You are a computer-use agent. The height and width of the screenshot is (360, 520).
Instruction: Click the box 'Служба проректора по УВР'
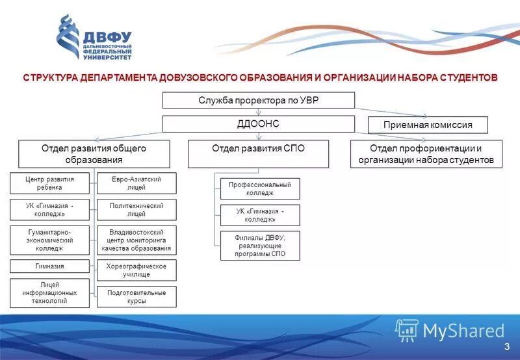coord(258,100)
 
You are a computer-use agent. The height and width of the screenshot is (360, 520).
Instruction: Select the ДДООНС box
coord(258,123)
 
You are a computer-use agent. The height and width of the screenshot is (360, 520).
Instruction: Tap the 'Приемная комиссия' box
coord(428,125)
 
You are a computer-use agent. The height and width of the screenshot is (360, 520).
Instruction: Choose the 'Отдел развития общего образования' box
coord(94,154)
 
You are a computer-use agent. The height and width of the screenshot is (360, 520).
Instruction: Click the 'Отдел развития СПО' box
coord(258,154)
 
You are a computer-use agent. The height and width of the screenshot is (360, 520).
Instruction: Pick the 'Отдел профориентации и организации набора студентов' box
coord(426,154)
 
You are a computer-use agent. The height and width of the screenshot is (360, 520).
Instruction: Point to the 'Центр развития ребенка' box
coord(49,183)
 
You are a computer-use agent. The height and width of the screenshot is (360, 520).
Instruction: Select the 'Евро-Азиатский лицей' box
coord(136,183)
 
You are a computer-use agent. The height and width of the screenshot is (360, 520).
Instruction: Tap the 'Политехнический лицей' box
coord(136,210)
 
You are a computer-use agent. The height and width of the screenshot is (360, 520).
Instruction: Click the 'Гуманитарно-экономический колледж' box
coord(49,240)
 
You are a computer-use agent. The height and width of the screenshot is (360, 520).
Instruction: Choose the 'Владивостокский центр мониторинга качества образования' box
coord(136,240)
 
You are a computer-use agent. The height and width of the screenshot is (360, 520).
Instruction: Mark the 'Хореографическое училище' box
coord(136,270)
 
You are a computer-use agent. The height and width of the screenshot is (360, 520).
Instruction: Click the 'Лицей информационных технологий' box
coord(49,292)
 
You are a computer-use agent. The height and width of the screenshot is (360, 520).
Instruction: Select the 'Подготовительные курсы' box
coord(136,297)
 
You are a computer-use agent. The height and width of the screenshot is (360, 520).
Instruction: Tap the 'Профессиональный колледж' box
coord(260,188)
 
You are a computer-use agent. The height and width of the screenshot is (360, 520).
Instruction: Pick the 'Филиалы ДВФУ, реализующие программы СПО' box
coord(260,246)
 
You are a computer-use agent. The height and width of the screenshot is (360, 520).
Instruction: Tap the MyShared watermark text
coord(463,331)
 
